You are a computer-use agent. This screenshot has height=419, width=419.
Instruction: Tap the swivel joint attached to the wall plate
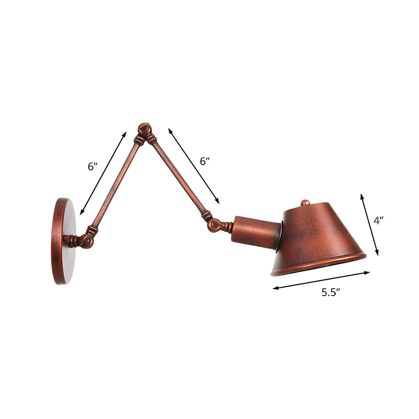86,239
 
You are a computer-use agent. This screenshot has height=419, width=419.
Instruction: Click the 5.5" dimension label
331,292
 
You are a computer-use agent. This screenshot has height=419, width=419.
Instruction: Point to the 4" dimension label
378,221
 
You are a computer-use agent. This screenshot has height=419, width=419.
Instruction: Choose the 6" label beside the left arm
93,166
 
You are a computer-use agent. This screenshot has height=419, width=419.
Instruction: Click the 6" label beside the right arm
205,161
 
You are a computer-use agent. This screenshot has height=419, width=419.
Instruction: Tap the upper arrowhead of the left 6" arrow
124,133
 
